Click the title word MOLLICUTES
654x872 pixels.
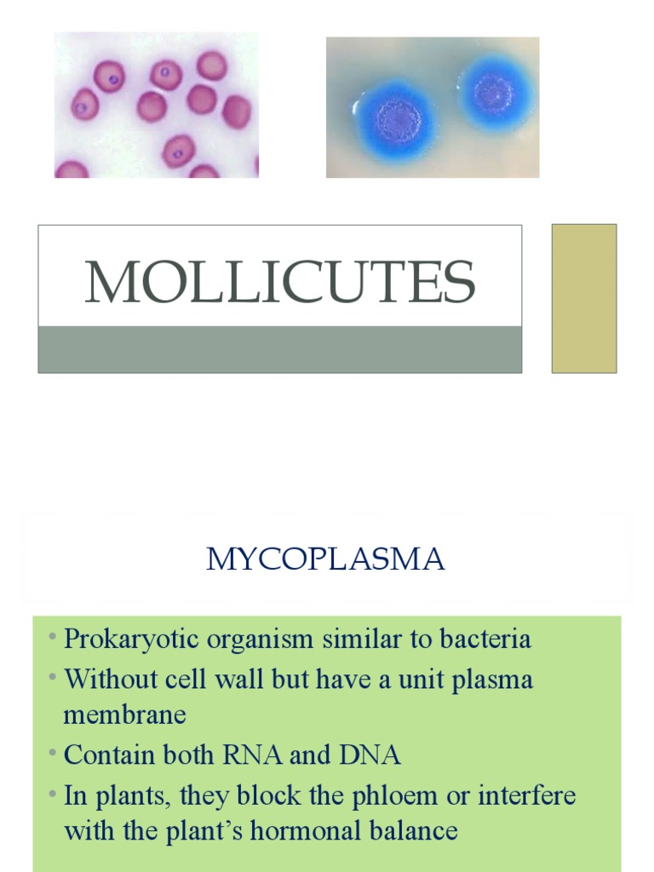[279, 282]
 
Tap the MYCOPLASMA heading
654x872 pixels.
[326, 559]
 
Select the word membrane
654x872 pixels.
[124, 714]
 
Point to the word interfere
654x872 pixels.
[527, 796]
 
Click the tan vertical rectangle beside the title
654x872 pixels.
[584, 298]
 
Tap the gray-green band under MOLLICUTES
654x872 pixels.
[279, 349]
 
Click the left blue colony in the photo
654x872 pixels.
[394, 118]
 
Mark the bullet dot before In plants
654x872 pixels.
[53, 795]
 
